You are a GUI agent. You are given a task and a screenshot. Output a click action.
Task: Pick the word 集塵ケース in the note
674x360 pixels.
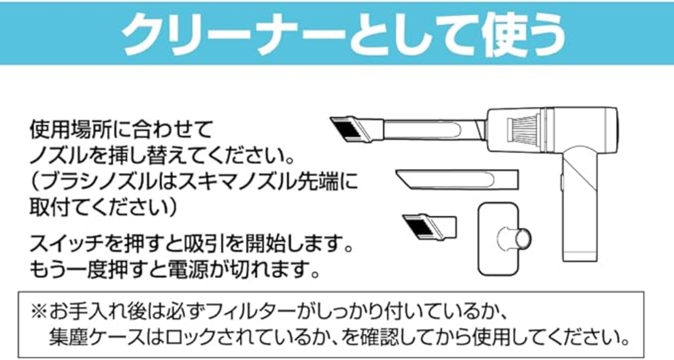(98, 335)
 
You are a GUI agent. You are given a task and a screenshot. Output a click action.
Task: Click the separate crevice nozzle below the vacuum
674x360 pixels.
(456, 179)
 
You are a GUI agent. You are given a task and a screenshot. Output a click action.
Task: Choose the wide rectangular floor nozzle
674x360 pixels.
(497, 239)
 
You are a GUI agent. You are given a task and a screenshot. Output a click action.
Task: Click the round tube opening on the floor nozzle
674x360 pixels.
(523, 237)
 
